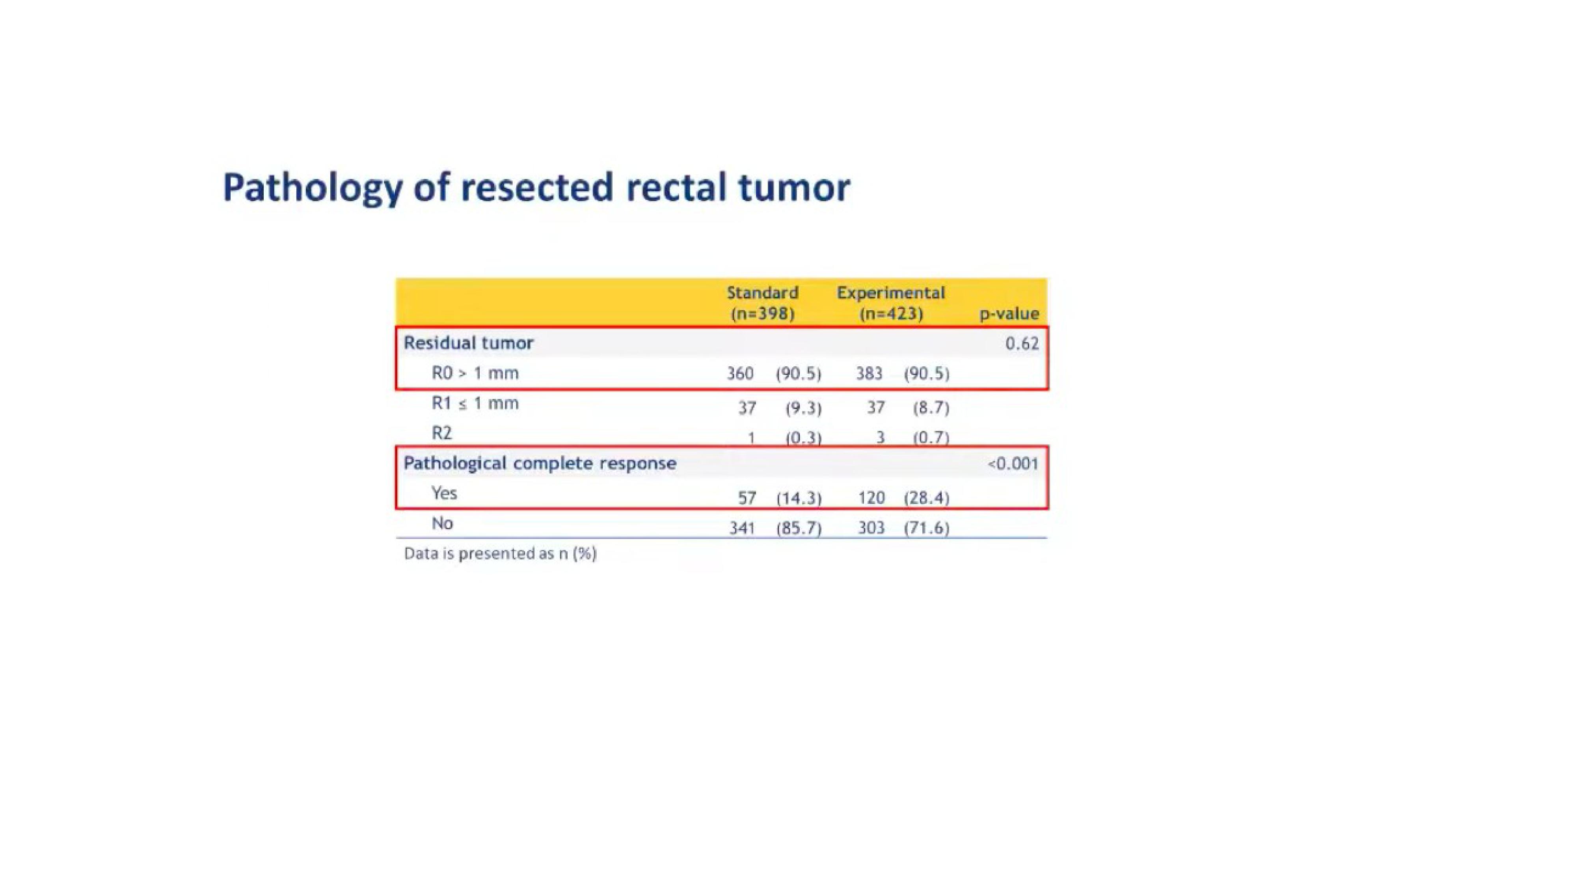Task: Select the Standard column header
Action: tap(762, 303)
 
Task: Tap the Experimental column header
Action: tap(891, 303)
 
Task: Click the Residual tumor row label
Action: tap(468, 343)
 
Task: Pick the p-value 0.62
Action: tap(1022, 343)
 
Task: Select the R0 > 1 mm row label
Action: tap(475, 373)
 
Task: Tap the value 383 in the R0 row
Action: tap(869, 373)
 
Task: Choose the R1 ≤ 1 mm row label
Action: tap(475, 403)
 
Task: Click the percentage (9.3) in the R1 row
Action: tap(803, 408)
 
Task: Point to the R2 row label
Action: tap(441, 433)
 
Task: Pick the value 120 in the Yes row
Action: tap(871, 498)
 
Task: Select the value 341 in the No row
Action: tap(742, 528)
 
